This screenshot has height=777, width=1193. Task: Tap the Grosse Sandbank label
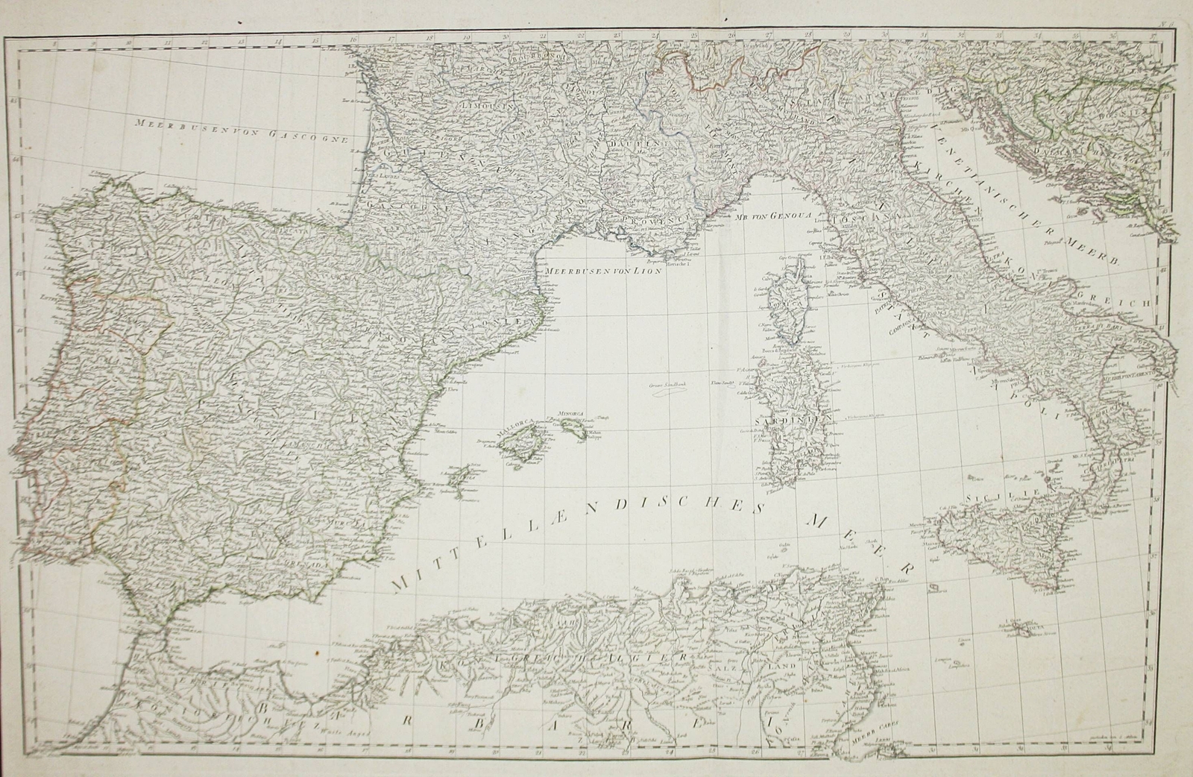tap(667, 386)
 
